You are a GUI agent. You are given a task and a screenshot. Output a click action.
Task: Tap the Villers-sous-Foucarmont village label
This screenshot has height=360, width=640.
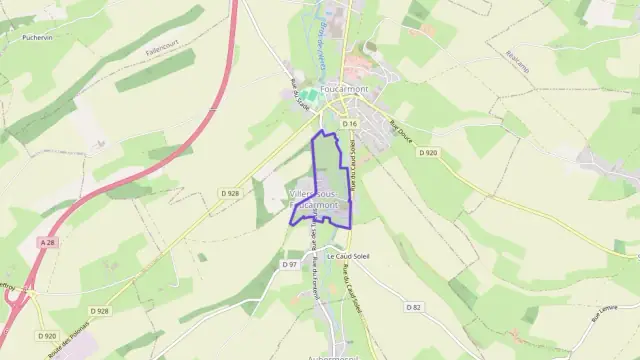point(319,197)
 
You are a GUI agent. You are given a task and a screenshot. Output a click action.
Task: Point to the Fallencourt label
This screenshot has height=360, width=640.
point(160,46)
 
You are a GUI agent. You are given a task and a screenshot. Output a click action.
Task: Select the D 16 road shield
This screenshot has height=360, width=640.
point(348,123)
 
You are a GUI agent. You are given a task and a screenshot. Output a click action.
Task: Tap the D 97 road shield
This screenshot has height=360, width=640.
point(289,264)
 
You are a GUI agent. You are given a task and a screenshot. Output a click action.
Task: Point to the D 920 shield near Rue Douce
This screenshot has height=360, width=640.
point(428,153)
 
